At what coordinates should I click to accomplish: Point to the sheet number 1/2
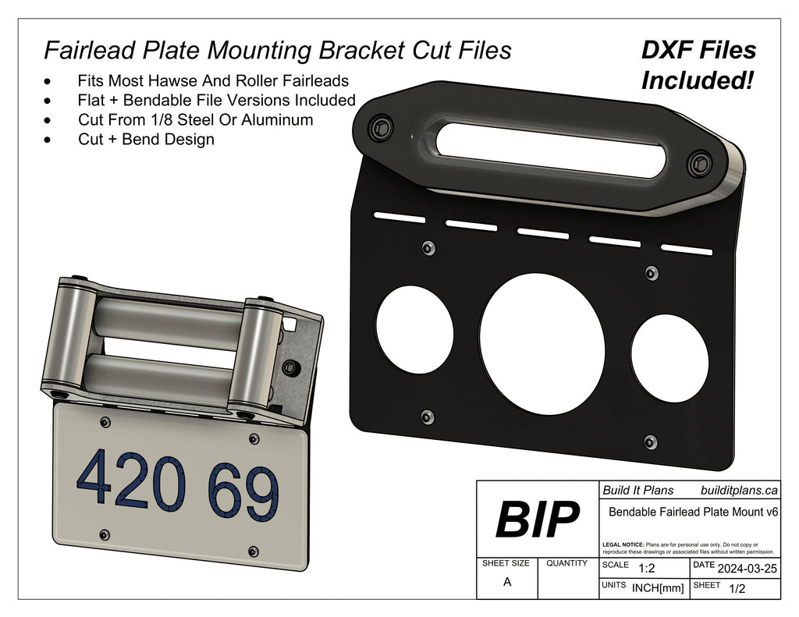[736, 589]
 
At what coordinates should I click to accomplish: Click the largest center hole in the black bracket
[542, 343]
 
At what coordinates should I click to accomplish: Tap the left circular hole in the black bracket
[414, 330]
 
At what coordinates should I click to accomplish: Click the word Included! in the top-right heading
[698, 80]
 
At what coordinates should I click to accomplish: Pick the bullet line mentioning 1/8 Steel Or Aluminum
[195, 120]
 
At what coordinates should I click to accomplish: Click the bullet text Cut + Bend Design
[146, 140]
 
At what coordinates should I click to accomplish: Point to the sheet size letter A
[507, 581]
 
